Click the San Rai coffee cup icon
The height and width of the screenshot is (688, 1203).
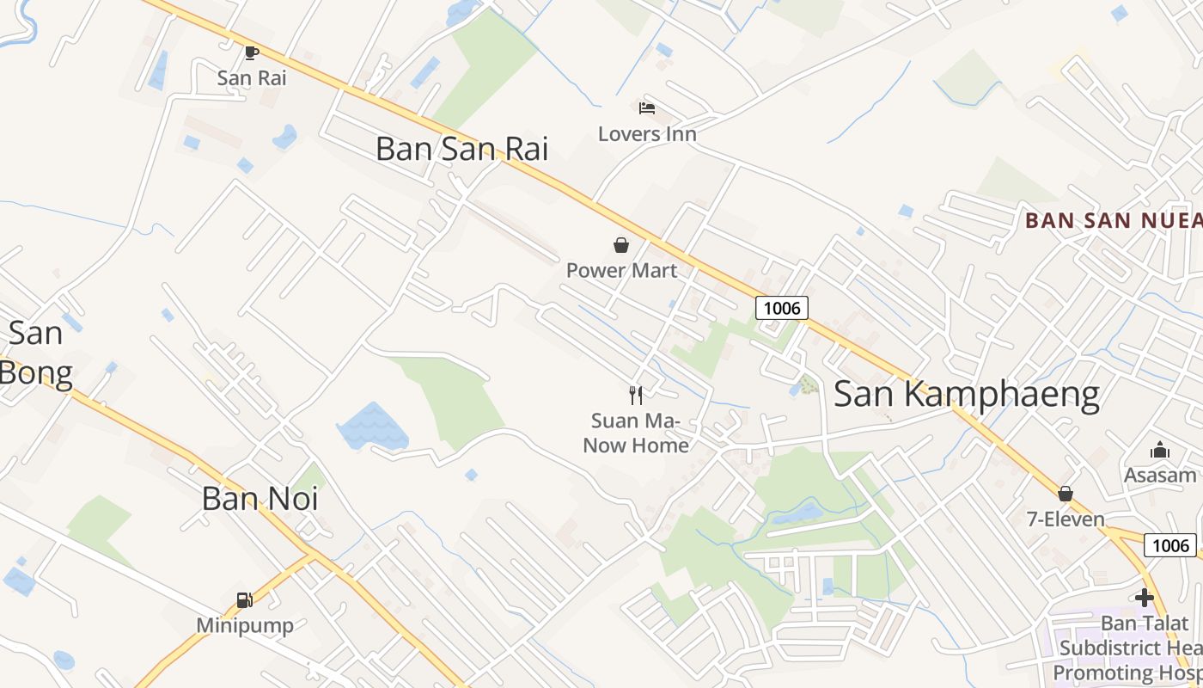tap(251, 52)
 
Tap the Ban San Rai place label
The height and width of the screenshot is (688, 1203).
tap(461, 149)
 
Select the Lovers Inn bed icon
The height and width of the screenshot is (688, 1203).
tap(647, 108)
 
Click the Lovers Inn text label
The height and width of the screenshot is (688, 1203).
tap(647, 134)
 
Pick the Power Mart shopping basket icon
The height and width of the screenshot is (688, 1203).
tap(621, 245)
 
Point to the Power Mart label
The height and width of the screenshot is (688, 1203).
tap(621, 270)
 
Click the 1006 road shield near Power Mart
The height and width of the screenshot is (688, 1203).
tap(782, 307)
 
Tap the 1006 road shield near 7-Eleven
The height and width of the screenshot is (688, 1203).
tap(1170, 544)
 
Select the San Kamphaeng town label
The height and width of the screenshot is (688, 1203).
tap(967, 394)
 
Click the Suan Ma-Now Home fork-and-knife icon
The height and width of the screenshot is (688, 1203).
tap(636, 395)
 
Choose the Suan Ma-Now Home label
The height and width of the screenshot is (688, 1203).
tap(636, 433)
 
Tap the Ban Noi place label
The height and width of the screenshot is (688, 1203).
tap(260, 498)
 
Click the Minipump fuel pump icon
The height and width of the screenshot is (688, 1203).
tap(245, 600)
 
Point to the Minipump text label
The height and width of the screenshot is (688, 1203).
tap(245, 625)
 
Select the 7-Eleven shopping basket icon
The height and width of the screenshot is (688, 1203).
tap(1066, 494)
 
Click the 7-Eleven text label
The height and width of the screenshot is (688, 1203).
tap(1066, 519)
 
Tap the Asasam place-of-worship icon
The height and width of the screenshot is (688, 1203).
tap(1160, 450)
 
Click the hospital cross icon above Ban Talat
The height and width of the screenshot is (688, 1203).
tap(1144, 597)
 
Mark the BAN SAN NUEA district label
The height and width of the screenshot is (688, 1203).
tap(1113, 220)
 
